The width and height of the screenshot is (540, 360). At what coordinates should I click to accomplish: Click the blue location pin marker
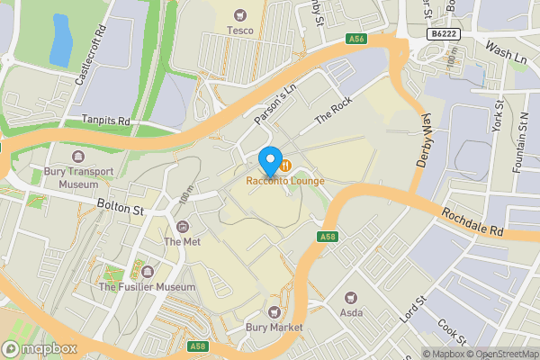[x=269, y=161]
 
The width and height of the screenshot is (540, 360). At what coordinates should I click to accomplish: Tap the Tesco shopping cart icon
[x=239, y=14]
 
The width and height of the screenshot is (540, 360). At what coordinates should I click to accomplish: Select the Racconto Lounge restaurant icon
[x=284, y=165]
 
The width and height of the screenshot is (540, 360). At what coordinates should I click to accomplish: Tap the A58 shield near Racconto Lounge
[x=327, y=237]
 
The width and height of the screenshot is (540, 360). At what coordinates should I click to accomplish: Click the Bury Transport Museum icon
[x=71, y=155]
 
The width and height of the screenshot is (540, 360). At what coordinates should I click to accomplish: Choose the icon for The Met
[x=183, y=226]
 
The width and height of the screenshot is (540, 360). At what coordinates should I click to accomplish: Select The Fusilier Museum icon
[x=147, y=271]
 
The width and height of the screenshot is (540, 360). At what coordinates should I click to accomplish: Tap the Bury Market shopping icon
[x=273, y=312]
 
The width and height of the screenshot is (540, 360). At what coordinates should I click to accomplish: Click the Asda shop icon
[x=351, y=296]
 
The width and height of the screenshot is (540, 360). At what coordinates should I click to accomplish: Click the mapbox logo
[x=40, y=348]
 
